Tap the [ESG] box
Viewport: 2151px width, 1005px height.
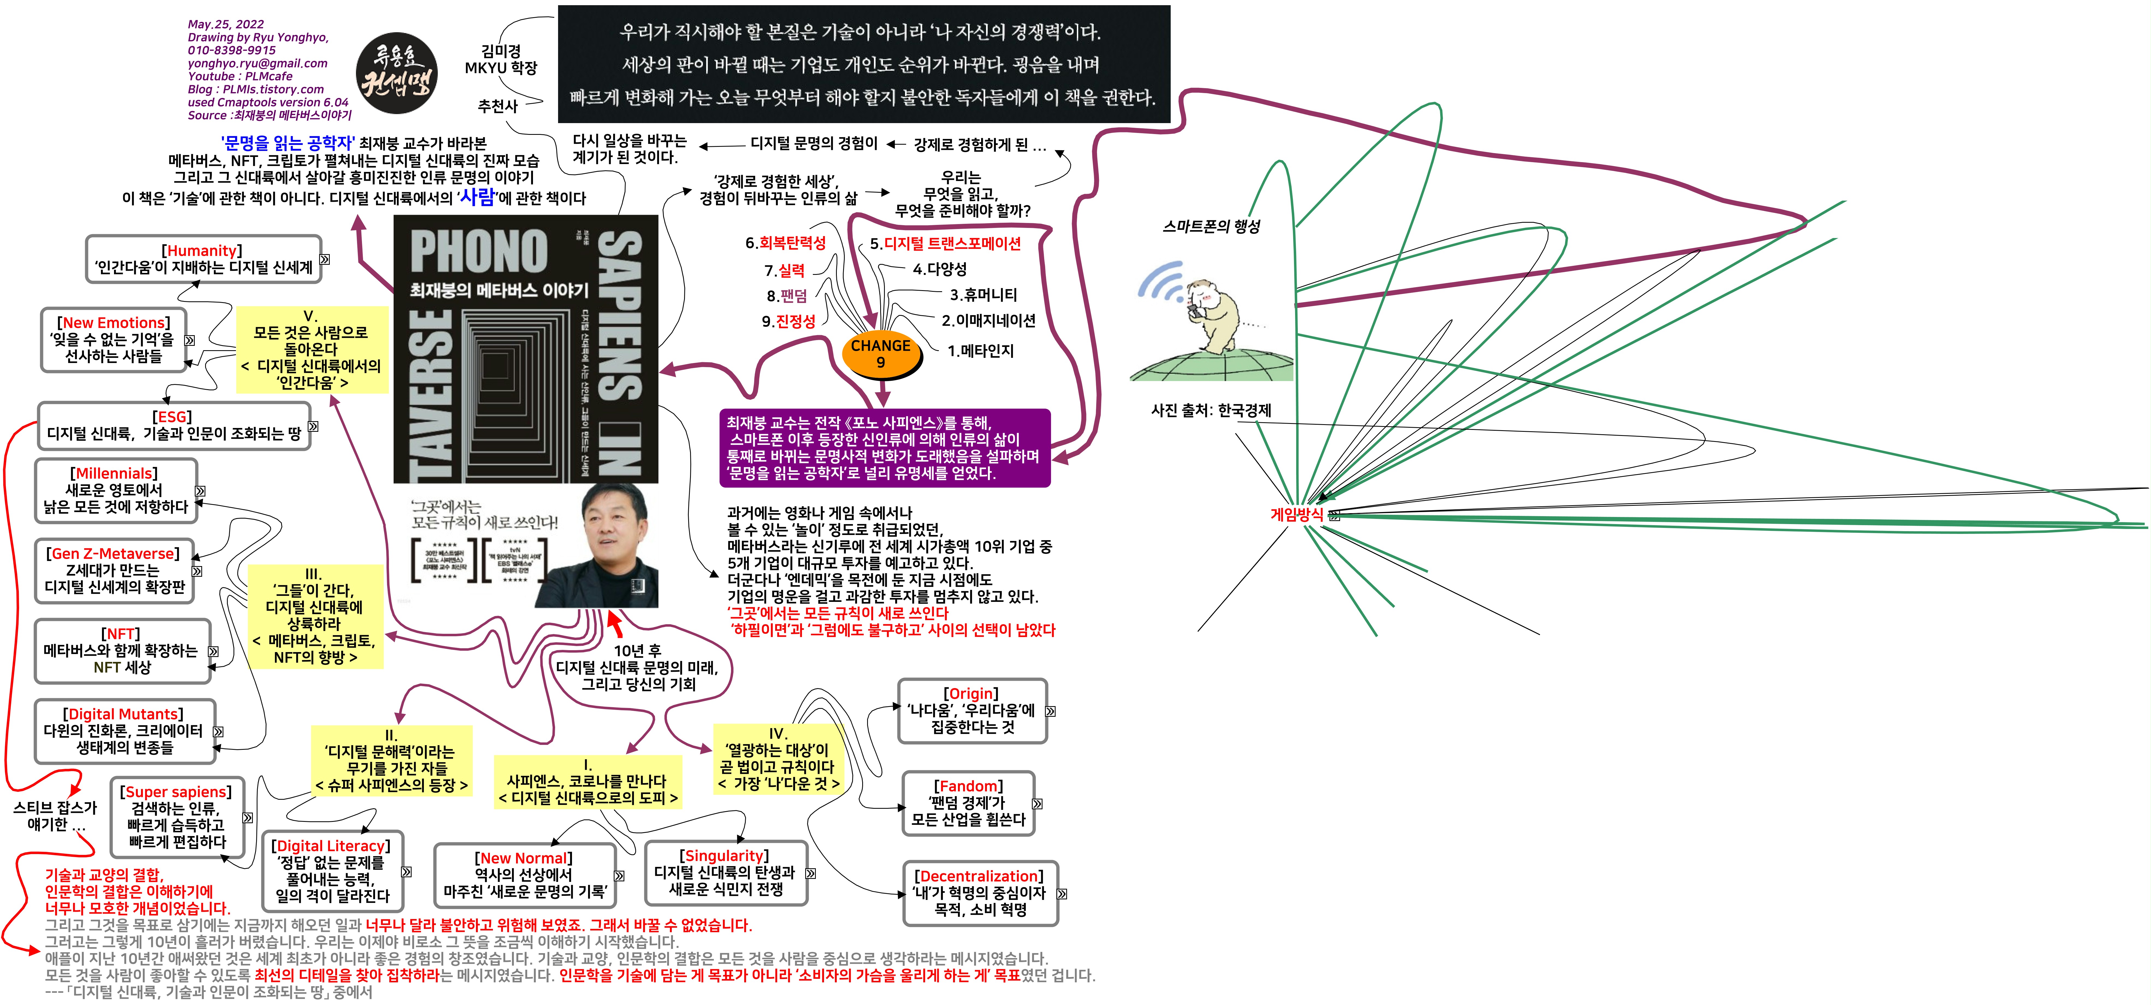(x=174, y=425)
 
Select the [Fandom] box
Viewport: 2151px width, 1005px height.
(x=968, y=803)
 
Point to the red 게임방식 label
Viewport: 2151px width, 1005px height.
(x=1296, y=515)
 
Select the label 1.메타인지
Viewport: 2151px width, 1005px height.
(x=980, y=351)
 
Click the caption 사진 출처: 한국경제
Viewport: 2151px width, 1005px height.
(x=1211, y=410)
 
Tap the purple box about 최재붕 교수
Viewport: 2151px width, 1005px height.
(x=883, y=448)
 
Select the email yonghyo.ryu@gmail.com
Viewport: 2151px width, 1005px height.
(x=257, y=64)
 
